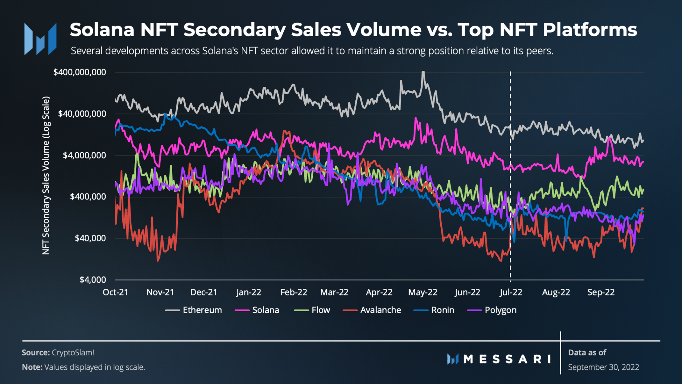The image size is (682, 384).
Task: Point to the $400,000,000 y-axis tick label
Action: [x=80, y=72]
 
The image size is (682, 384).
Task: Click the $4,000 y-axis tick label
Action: [x=93, y=280]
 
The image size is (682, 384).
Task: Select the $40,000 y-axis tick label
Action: [x=90, y=238]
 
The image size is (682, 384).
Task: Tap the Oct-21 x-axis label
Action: [x=115, y=292]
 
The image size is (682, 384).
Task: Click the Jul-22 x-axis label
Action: [x=511, y=292]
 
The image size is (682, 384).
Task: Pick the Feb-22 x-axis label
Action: [x=294, y=292]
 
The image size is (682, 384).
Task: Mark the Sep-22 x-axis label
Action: [x=601, y=292]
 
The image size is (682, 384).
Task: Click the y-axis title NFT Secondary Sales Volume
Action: [x=46, y=175]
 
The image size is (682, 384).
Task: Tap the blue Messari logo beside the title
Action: [x=40, y=39]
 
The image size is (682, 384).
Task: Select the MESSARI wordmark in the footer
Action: [x=507, y=359]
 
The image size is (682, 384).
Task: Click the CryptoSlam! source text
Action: [x=73, y=352]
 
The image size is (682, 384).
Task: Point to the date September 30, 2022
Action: [x=603, y=367]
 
